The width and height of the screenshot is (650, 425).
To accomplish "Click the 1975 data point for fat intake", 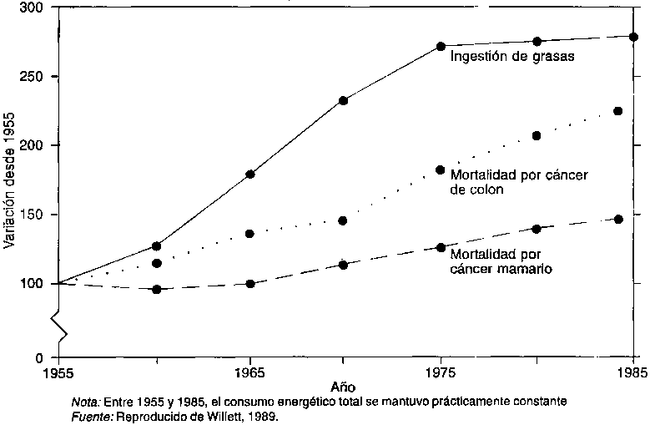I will click(441, 46).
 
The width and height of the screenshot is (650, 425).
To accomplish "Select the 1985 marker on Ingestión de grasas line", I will click(633, 37).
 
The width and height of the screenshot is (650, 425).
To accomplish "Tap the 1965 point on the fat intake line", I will click(249, 175).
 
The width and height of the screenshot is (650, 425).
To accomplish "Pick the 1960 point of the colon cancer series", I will click(156, 264).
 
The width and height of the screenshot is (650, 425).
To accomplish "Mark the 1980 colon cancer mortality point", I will click(537, 135).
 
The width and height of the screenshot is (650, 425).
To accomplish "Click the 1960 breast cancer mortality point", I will click(156, 290).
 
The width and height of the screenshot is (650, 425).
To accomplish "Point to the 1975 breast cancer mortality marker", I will click(441, 247).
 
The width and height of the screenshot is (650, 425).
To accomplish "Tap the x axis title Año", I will click(343, 387).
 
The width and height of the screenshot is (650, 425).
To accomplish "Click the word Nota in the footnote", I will click(85, 402).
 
